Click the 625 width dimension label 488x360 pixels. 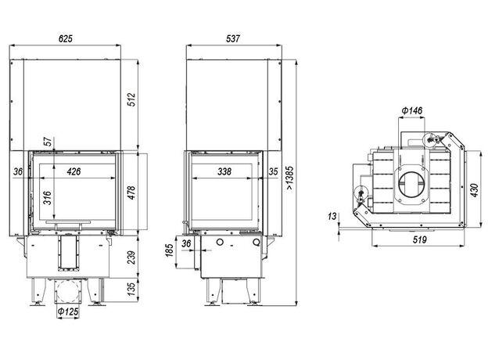point(66,38)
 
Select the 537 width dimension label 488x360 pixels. point(233,38)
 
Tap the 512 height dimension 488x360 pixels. point(132,99)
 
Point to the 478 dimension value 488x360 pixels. point(132,193)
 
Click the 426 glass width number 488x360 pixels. point(74,171)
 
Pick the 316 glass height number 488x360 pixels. point(47,198)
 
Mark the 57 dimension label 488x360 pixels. point(48,142)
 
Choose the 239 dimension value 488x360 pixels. point(132,257)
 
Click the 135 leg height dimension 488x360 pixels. point(132,289)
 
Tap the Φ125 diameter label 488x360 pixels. point(68,311)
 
